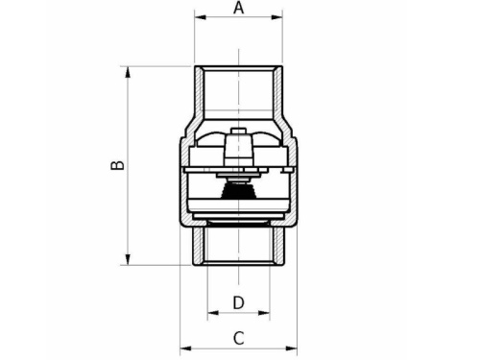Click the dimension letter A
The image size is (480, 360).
click(238, 8)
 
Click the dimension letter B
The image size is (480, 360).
click(117, 165)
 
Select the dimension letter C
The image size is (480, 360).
click(238, 338)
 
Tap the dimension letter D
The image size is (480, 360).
click(238, 302)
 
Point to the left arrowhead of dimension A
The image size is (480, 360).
click(201, 17)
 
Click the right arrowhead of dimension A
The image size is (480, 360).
click(276, 17)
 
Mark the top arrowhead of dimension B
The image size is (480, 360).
click(128, 72)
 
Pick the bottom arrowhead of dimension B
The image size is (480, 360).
click(128, 259)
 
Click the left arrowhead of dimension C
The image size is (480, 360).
click(185, 348)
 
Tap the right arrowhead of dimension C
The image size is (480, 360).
click(291, 348)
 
